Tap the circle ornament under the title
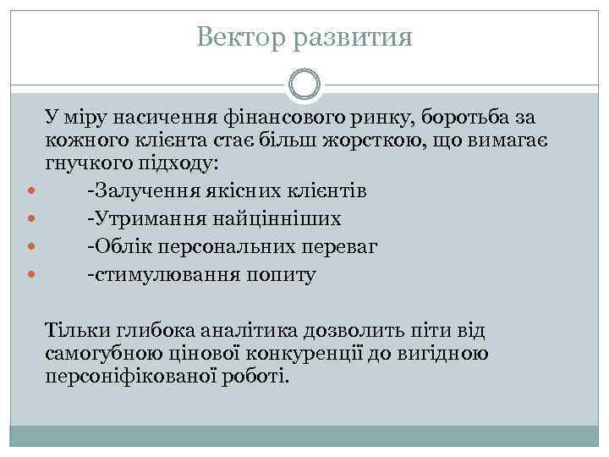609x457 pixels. tap(304, 84)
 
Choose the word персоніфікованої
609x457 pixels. tap(132, 376)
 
